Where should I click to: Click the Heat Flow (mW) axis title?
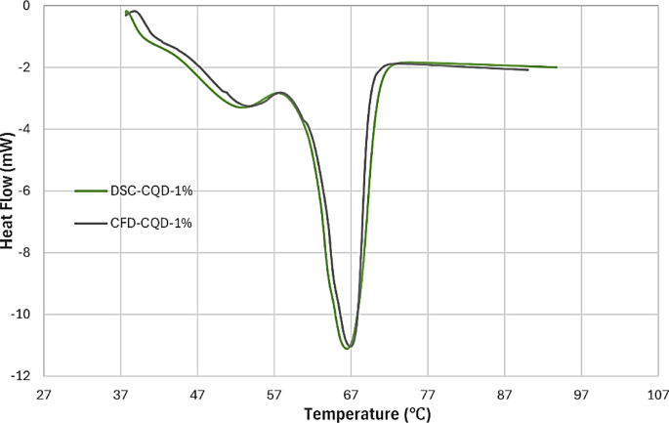tap(9, 190)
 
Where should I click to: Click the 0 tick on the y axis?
tap(27, 6)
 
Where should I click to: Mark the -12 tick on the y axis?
tap(21, 376)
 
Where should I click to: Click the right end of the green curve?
tap(557, 67)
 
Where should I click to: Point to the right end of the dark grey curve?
tap(528, 70)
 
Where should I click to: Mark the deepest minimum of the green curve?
tap(346, 348)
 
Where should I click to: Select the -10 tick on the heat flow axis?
tap(21, 315)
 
